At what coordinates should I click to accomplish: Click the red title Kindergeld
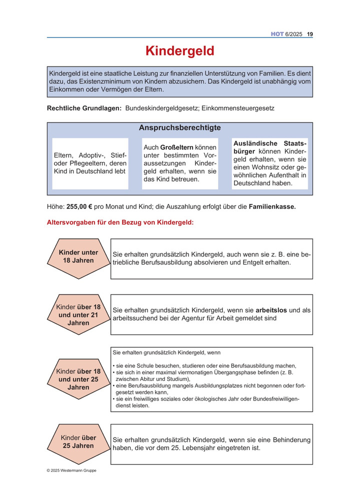[x=180, y=51]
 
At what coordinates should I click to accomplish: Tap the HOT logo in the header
[x=277, y=34]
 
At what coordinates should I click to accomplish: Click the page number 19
[x=310, y=34]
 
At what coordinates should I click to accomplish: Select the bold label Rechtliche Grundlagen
[x=84, y=108]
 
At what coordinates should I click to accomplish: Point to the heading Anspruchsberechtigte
[x=180, y=128]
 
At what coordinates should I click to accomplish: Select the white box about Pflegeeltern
[x=90, y=163]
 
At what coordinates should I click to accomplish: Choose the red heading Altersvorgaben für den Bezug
[x=120, y=222]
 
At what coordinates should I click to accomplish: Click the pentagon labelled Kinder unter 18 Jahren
[x=78, y=257]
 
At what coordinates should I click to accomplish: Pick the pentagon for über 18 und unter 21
[x=78, y=315]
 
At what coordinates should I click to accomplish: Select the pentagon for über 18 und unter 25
[x=78, y=379]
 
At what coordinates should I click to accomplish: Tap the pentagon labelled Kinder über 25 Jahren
[x=78, y=442]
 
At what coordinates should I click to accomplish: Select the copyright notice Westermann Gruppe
[x=71, y=470]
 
